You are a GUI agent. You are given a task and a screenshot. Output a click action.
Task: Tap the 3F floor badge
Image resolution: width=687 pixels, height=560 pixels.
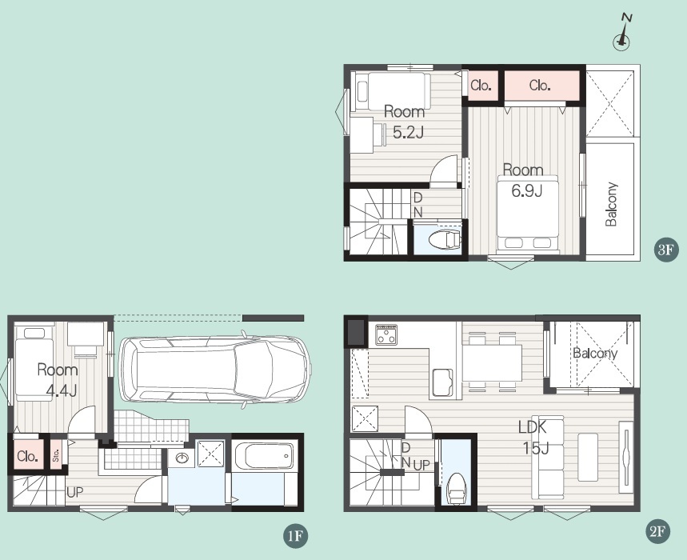(665, 250)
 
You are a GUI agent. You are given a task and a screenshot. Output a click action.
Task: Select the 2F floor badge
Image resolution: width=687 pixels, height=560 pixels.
(658, 531)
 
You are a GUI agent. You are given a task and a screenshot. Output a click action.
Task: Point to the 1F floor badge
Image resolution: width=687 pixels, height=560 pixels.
(296, 535)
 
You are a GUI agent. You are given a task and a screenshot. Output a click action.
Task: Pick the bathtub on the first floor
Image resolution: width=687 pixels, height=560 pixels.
(264, 456)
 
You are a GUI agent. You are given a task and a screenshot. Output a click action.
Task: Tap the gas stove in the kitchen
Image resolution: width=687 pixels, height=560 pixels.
(386, 334)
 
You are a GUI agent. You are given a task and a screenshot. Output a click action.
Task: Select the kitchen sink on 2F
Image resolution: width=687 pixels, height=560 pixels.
(442, 382)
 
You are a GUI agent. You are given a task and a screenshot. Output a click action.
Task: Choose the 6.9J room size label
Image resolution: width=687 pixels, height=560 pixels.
(526, 190)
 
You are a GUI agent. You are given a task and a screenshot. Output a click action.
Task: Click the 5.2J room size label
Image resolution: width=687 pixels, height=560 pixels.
(408, 132)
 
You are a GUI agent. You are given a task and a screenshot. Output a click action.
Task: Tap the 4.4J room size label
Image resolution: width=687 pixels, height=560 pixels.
(62, 390)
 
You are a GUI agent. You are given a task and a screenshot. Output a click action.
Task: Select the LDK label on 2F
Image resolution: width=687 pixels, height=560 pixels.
(533, 426)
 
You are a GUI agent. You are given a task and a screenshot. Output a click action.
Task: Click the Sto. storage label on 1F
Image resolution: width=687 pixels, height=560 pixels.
(56, 456)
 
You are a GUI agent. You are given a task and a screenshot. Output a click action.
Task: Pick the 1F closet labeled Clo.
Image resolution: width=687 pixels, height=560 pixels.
(27, 456)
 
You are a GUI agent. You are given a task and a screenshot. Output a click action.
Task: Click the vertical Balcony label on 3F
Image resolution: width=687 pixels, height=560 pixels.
(611, 204)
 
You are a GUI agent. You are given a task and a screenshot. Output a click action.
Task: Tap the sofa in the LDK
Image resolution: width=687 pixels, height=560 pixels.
(548, 457)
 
